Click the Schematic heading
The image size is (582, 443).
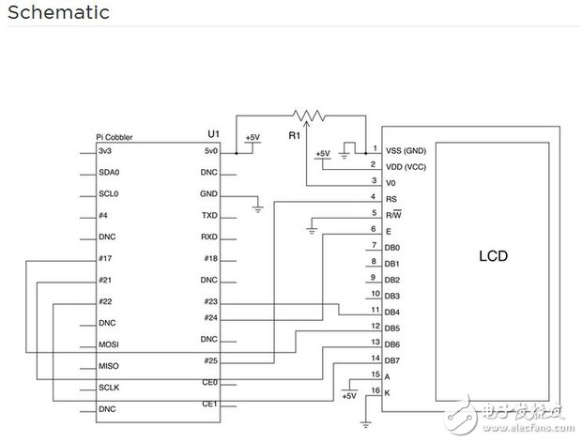[58, 12]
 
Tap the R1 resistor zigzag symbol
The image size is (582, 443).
[309, 115]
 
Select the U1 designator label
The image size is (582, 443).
[213, 133]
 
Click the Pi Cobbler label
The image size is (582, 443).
[115, 137]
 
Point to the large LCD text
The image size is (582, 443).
[493, 256]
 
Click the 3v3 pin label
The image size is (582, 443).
[105, 151]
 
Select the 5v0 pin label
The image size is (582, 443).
[211, 151]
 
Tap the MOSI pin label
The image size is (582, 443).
[109, 344]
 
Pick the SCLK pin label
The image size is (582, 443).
[109, 388]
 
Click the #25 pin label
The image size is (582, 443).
[211, 360]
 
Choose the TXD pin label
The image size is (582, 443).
[209, 215]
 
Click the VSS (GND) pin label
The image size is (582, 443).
[406, 150]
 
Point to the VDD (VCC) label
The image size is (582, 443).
[406, 167]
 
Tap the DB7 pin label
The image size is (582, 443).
[392, 360]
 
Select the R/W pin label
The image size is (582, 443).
[393, 215]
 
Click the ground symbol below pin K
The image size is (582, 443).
[365, 425]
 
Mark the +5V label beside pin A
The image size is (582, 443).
[349, 396]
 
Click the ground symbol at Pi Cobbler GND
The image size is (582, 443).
[257, 209]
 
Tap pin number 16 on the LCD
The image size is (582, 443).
[375, 390]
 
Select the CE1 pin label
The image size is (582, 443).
[209, 404]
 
